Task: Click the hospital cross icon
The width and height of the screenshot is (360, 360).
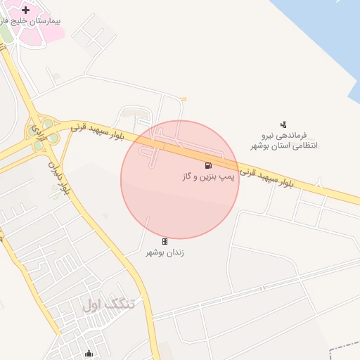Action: (26, 10)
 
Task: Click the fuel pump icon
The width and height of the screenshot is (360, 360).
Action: (208, 165)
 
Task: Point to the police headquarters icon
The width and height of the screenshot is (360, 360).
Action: (283, 124)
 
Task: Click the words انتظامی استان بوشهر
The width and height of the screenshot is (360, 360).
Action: (284, 146)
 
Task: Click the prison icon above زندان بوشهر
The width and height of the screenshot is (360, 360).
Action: (165, 241)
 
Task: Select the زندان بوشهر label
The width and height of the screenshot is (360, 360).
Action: (165, 252)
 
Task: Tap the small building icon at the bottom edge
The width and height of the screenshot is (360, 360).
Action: (89, 354)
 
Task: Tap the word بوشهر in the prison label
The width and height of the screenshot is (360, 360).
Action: (156, 252)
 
